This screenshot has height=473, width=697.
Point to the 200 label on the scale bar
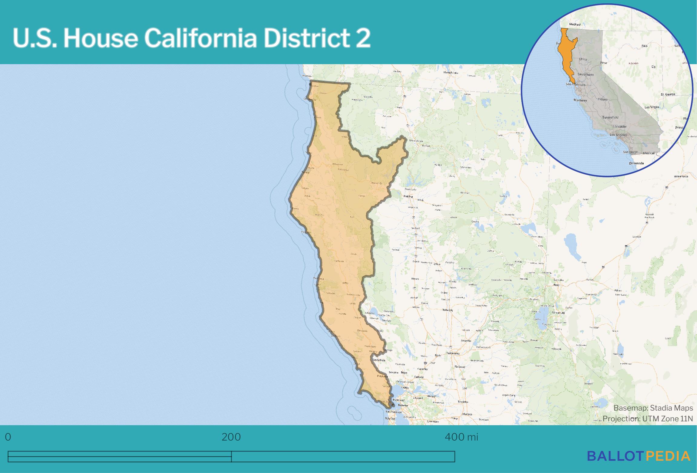[x=231, y=437]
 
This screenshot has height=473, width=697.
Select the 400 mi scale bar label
[x=461, y=437]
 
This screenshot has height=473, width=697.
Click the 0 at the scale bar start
[x=8, y=437]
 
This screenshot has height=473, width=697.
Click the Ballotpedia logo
[x=639, y=456]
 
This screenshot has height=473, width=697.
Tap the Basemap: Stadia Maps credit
[x=653, y=408]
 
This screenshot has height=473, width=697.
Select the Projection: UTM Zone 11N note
[x=647, y=419]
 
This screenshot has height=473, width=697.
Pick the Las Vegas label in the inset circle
[x=652, y=107]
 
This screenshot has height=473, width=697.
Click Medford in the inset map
[x=575, y=24]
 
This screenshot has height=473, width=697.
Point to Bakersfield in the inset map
[x=610, y=117]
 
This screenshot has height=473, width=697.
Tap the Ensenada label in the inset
[x=636, y=163]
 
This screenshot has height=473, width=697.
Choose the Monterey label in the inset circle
[x=580, y=100]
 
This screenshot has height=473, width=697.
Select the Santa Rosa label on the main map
[x=379, y=360]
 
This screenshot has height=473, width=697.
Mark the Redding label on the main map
[x=408, y=196]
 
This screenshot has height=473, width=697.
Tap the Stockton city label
[x=463, y=402]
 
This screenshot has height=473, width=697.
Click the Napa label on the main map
[x=404, y=373]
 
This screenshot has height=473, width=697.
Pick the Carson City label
[x=558, y=313]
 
